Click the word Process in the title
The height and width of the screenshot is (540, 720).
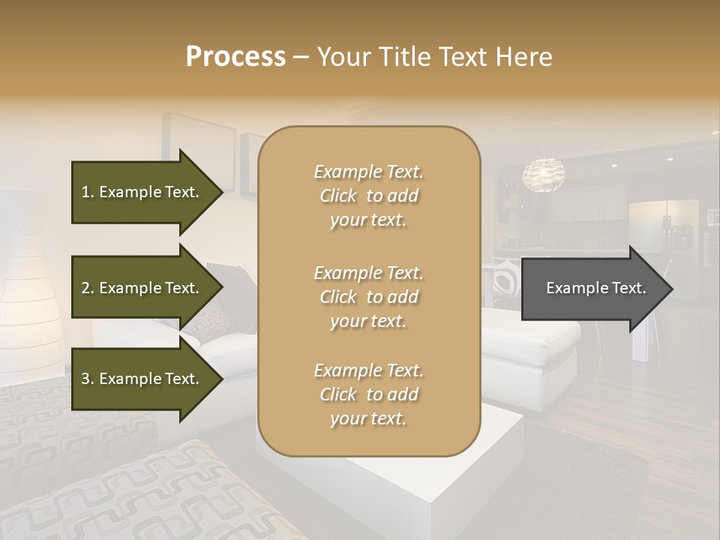pyautogui.click(x=235, y=56)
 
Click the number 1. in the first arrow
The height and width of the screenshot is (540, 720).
pyautogui.click(x=88, y=192)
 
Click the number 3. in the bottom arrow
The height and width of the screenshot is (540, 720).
pyautogui.click(x=88, y=379)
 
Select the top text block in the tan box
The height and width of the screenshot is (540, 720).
pyautogui.click(x=368, y=196)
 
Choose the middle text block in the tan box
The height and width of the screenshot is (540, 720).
pyautogui.click(x=368, y=296)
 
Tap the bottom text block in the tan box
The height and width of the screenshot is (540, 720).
pyautogui.click(x=368, y=394)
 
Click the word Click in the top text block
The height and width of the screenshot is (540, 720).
pyautogui.click(x=338, y=196)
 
